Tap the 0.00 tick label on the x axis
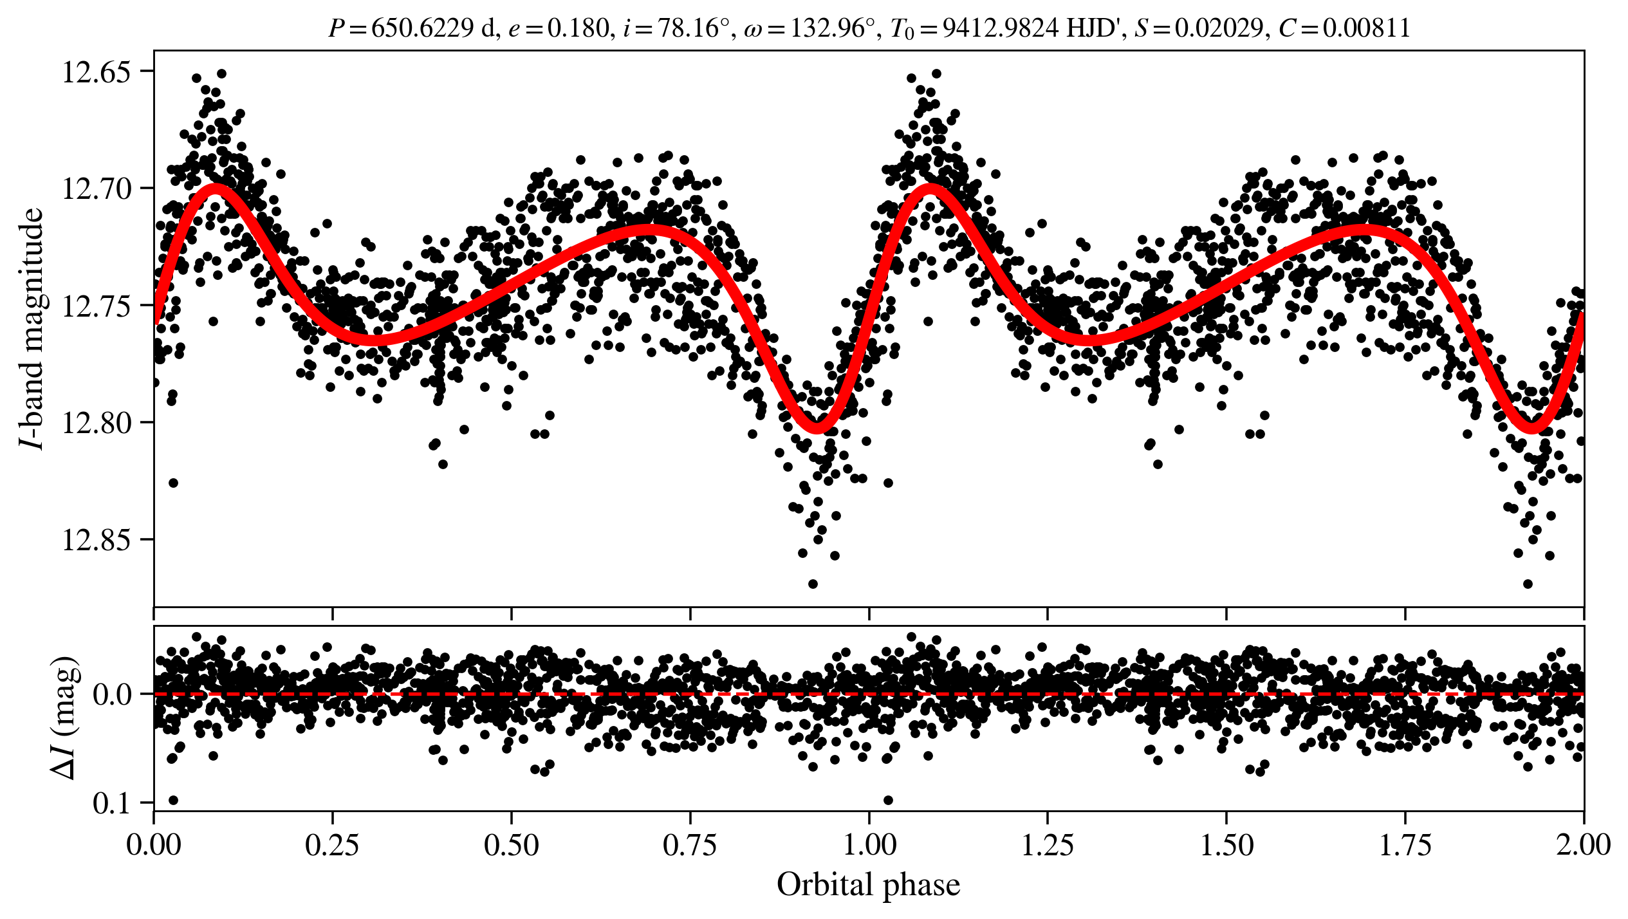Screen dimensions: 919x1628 154,845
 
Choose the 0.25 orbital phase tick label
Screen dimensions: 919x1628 332,845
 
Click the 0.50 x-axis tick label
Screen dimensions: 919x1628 511,845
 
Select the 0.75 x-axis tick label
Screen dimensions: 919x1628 690,845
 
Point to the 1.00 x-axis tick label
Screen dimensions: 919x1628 869,845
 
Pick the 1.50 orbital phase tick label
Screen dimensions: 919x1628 1226,845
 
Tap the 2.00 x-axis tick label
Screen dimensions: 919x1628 1583,845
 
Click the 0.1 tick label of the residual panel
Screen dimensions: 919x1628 114,804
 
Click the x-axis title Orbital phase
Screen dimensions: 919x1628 868,885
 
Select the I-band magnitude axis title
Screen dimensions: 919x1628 32,329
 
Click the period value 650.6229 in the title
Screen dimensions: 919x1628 422,28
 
